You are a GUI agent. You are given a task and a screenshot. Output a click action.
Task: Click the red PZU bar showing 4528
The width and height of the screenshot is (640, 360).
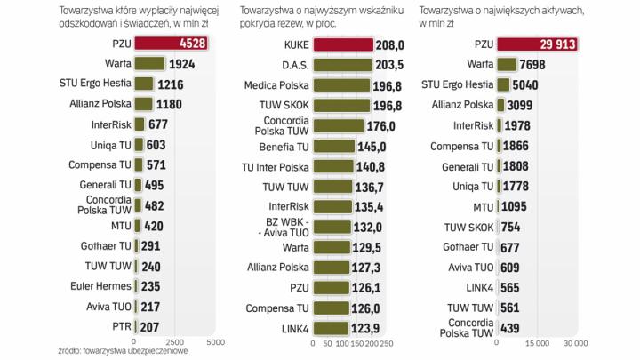pos(171,43)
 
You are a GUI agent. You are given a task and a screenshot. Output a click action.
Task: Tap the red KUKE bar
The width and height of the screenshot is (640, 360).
pos(343,43)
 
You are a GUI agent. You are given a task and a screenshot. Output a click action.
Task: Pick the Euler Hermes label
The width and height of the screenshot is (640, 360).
pos(100,285)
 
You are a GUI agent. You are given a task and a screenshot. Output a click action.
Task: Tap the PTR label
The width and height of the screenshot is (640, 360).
pos(121,326)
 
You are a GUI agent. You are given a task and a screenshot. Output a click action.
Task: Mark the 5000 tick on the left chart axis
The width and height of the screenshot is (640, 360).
pos(214,340)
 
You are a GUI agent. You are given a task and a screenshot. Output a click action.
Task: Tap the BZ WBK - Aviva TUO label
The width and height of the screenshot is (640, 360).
pos(282,227)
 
